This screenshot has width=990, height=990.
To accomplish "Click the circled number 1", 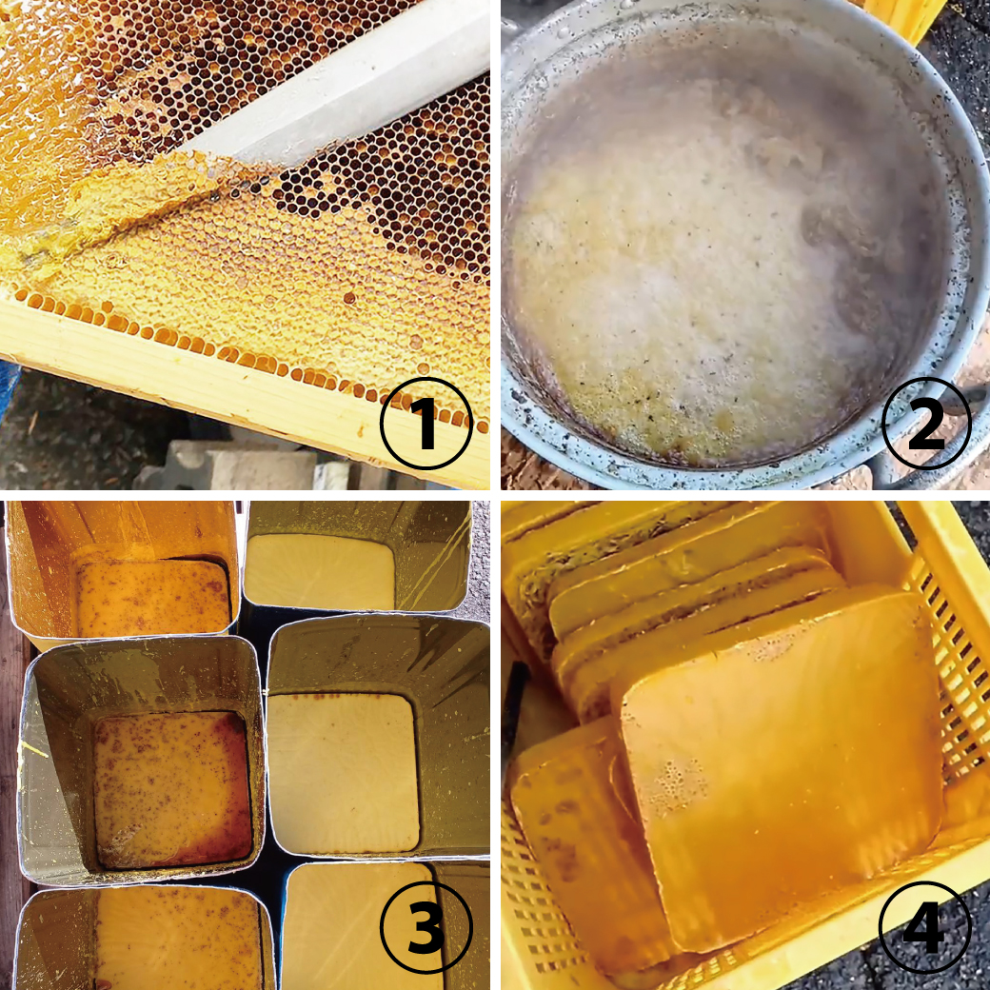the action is coord(426,424).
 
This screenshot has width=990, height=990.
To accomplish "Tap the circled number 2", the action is coord(925,424).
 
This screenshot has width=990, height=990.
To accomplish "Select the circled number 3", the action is coord(426,927).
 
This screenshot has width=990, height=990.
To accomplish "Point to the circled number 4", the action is coord(925,927).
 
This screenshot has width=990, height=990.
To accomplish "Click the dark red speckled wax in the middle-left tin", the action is coord(171,789).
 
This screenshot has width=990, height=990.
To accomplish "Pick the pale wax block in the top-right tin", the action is coord(320,572).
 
